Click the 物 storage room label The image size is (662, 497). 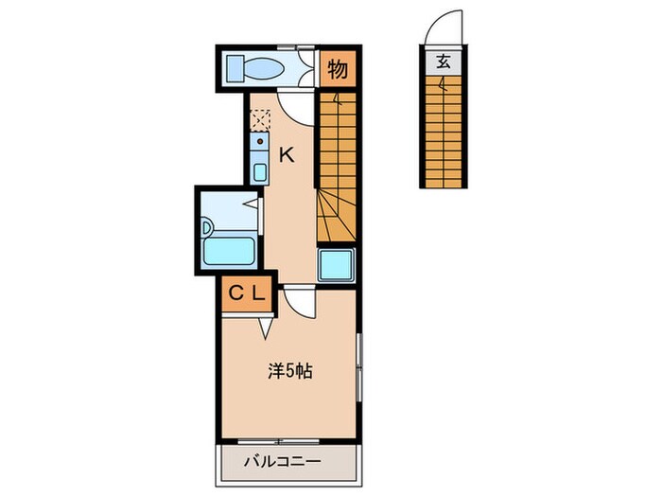coord(338,69)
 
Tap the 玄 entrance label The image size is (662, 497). coord(444,62)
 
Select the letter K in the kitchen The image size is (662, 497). coord(287,156)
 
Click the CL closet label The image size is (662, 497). coord(247,293)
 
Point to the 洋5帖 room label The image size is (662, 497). coord(290,372)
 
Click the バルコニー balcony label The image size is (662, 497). coord(283,461)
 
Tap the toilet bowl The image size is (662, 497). coord(264,68)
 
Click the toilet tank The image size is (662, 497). coord(235,69)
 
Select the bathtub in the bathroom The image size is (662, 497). coord(229,251)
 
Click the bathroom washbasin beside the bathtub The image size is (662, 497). coord(207,228)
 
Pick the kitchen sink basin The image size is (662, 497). coord(260,172)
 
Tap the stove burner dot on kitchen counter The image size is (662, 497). coord(260,141)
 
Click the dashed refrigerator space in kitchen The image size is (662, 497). coord(260,119)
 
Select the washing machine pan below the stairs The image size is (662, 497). coord(336,265)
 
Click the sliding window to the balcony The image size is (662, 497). coord(279,442)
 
